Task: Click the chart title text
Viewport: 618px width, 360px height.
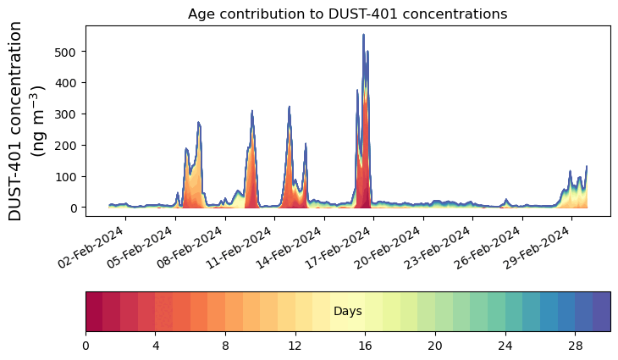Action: pos(347,14)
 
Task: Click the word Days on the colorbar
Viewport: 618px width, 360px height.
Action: pos(348,312)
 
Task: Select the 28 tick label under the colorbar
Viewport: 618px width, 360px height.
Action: pos(575,346)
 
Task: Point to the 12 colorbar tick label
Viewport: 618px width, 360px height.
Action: pos(295,346)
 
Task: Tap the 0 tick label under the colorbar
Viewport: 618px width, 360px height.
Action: pos(86,346)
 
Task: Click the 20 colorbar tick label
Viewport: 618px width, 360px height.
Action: pos(435,346)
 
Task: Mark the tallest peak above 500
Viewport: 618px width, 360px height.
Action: pos(363,36)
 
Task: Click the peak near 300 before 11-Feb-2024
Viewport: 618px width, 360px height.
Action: pos(252,112)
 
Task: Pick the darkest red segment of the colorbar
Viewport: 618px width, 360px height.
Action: pos(94,311)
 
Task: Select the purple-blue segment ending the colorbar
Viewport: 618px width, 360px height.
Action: pos(602,311)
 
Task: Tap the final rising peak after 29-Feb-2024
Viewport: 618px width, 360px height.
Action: pos(586,168)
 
